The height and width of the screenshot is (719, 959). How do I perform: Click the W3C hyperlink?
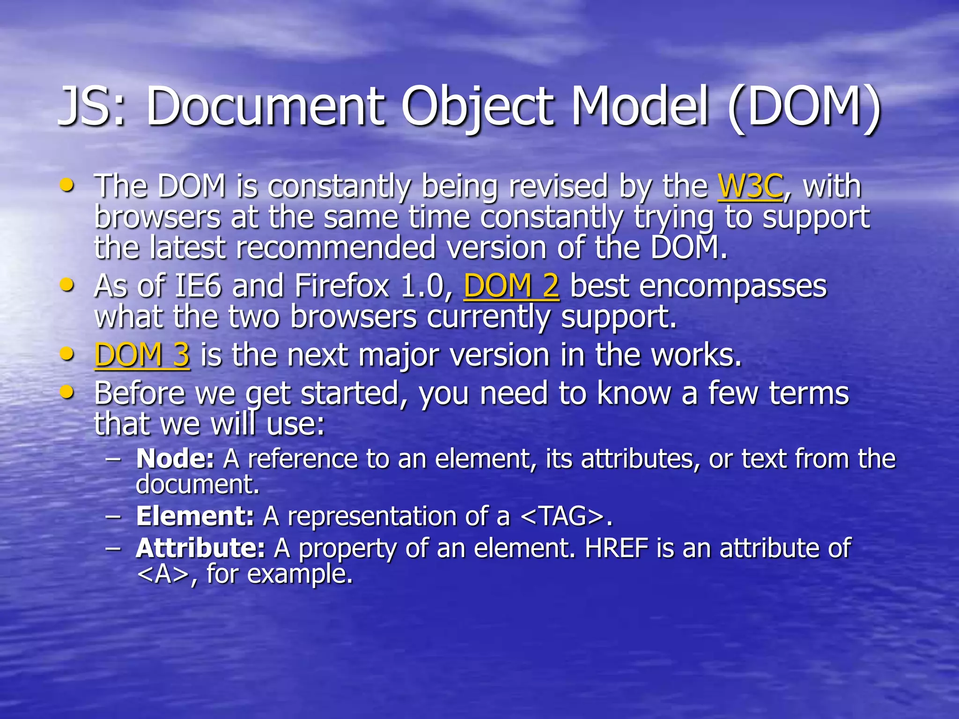(750, 186)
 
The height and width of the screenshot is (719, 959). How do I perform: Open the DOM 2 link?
(511, 286)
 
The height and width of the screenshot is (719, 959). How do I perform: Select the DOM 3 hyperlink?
(142, 355)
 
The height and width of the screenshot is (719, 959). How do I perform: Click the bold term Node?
(175, 458)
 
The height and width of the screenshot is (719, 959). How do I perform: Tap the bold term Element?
(195, 516)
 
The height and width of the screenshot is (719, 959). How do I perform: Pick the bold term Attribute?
(201, 548)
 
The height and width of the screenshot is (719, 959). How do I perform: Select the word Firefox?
(342, 286)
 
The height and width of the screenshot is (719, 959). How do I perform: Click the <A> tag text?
(163, 574)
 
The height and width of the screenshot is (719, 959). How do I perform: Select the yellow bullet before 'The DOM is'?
(67, 185)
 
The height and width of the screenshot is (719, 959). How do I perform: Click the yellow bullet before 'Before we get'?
(67, 392)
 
